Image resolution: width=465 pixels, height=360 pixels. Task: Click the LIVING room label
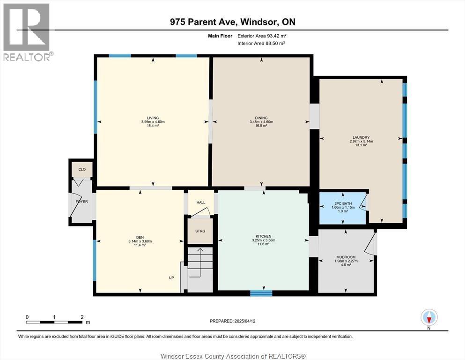click(153, 118)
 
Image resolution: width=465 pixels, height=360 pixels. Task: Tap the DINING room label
click(261, 118)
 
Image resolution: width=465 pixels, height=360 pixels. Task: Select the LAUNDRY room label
click(361, 137)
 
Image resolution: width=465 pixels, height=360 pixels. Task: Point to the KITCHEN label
click(263, 236)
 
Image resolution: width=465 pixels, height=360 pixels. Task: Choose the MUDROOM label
click(346, 257)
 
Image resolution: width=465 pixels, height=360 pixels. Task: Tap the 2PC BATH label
click(343, 203)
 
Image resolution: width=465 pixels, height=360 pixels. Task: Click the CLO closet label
click(82, 170)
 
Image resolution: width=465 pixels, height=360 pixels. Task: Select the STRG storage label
click(200, 231)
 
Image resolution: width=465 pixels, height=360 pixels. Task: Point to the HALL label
click(201, 202)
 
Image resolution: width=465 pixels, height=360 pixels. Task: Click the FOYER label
click(81, 202)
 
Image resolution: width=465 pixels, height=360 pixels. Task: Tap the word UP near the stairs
click(171, 278)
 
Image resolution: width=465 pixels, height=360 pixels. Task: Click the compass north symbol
click(429, 317)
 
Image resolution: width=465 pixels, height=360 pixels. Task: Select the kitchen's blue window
click(261, 293)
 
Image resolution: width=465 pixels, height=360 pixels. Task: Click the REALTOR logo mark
click(26, 27)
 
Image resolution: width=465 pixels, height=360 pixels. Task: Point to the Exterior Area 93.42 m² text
click(262, 36)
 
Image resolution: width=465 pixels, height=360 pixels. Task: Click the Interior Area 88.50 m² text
click(261, 43)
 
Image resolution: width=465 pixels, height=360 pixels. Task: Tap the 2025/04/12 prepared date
click(245, 321)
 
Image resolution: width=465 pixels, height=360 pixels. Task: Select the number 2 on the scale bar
click(82, 317)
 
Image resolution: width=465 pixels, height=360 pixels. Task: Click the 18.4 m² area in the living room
click(153, 126)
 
